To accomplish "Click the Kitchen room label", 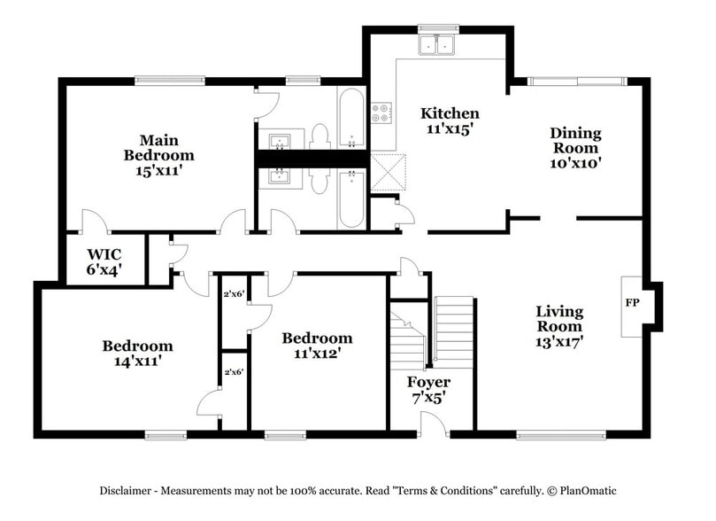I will click(x=450, y=113).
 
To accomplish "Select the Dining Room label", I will click(x=575, y=141).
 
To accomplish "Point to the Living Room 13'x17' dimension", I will click(x=559, y=340).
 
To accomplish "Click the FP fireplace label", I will click(x=632, y=303).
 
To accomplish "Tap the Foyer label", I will click(x=428, y=382).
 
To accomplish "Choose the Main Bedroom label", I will click(x=158, y=148).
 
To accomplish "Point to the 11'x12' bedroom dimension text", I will click(x=317, y=353).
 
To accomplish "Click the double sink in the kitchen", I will click(x=437, y=44).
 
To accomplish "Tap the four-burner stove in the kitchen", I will click(x=381, y=113).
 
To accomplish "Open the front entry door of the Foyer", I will click(x=434, y=424).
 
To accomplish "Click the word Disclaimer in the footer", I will click(x=128, y=491).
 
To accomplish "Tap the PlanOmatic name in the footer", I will click(x=585, y=491).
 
